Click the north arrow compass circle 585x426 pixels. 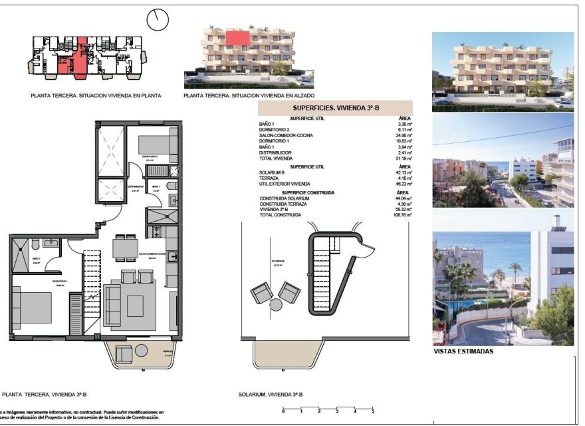coord(158,19)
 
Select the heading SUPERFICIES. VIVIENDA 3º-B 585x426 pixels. coord(336,107)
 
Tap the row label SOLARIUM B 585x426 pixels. coord(274,172)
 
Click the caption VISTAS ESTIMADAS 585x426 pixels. coord(463,351)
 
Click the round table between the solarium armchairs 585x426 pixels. coord(276,306)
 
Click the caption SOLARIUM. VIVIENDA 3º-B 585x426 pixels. coord(271,395)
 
